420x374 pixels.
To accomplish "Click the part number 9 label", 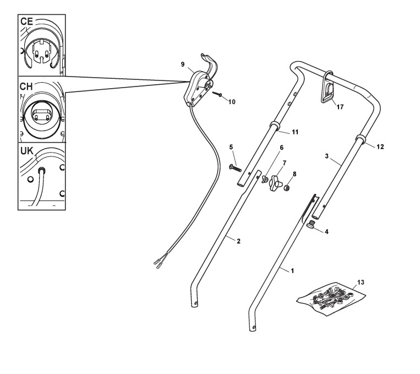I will tap(182, 64).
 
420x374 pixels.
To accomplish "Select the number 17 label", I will tap(340, 107).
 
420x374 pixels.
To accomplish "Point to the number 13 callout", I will tap(361, 281).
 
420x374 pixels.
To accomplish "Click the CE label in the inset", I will tap(27, 21).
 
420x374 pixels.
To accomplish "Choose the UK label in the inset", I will tap(27, 150).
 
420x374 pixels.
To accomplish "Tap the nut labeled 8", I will tap(287, 189).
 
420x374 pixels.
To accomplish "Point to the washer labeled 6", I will tap(265, 179).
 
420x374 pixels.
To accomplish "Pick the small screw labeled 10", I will tap(217, 94).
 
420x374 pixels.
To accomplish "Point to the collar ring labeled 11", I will tap(272, 126).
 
